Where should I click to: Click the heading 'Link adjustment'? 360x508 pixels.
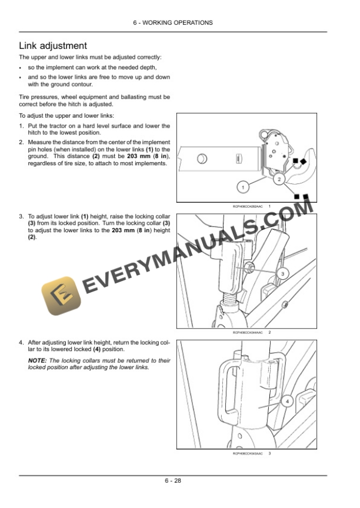[54, 45]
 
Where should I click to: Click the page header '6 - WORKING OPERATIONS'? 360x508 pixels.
[180, 23]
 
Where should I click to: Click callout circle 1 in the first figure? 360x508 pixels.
[241, 188]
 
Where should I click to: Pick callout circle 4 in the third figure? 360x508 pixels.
[286, 402]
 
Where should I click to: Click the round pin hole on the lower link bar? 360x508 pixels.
[202, 158]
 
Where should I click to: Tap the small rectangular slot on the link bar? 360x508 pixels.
[238, 158]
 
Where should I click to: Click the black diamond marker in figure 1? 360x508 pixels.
[304, 161]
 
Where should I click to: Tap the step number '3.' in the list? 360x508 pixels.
[21, 217]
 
